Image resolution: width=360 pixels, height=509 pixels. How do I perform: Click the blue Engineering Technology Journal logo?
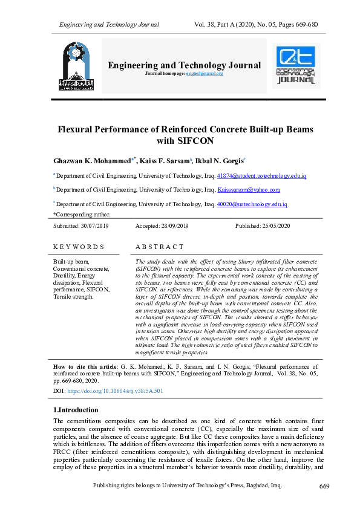click(296, 65)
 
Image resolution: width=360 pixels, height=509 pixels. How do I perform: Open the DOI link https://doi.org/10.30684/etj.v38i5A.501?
click(116, 391)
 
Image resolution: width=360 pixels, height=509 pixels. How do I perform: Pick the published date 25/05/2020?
click(277, 225)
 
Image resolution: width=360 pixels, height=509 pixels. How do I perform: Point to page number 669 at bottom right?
click(324, 487)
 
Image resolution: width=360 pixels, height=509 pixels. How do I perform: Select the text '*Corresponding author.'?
click(82, 214)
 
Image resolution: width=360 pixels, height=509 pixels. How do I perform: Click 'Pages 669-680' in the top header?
click(296, 25)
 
